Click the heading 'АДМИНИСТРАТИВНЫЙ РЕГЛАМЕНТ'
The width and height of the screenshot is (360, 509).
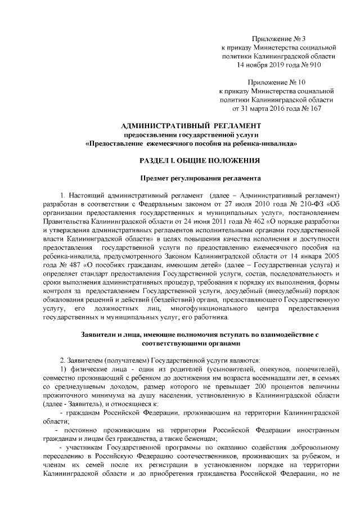pyautogui.click(x=192, y=125)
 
